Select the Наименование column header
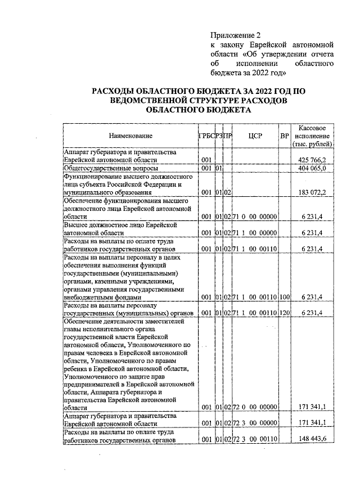(x=130, y=136)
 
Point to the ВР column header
(x=285, y=136)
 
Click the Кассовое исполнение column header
(x=313, y=136)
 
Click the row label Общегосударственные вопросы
(x=111, y=168)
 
